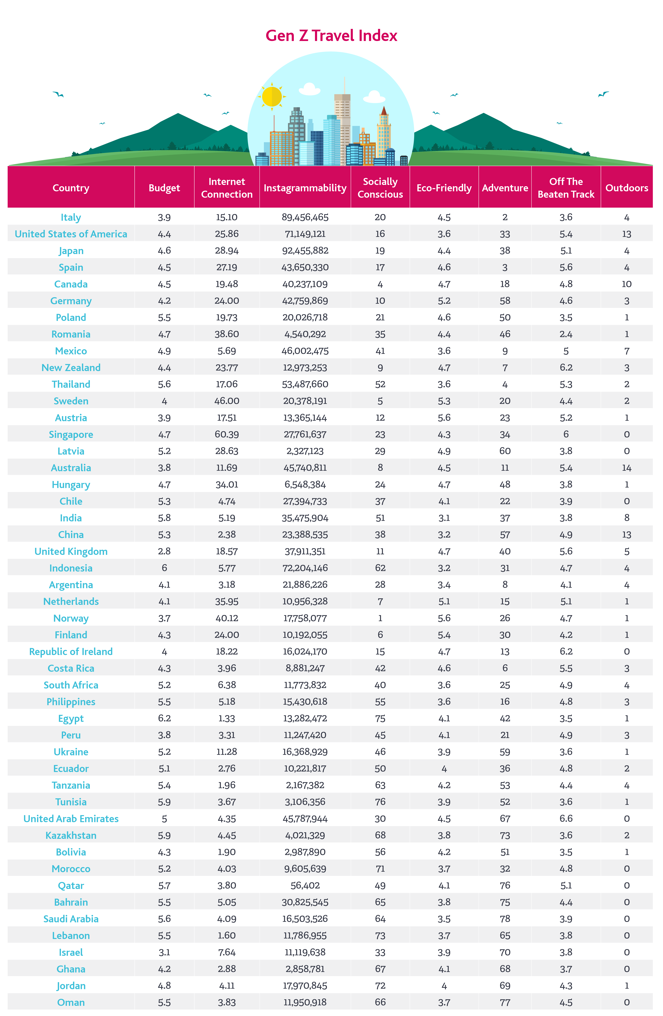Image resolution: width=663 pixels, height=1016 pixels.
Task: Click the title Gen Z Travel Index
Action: (x=331, y=35)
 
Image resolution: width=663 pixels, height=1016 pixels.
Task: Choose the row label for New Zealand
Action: (x=71, y=368)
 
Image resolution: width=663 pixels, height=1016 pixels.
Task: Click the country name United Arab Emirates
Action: (x=71, y=818)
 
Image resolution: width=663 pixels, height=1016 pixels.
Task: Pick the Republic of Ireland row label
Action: (x=71, y=651)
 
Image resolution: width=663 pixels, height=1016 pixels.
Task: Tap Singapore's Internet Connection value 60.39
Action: (x=227, y=434)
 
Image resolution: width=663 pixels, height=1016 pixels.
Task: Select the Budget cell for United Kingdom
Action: (x=164, y=551)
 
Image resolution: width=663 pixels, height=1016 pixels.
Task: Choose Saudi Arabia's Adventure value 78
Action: (x=505, y=919)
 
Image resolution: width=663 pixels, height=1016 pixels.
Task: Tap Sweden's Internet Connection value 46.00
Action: (x=227, y=401)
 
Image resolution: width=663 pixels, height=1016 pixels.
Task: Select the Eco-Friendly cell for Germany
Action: (x=444, y=301)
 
